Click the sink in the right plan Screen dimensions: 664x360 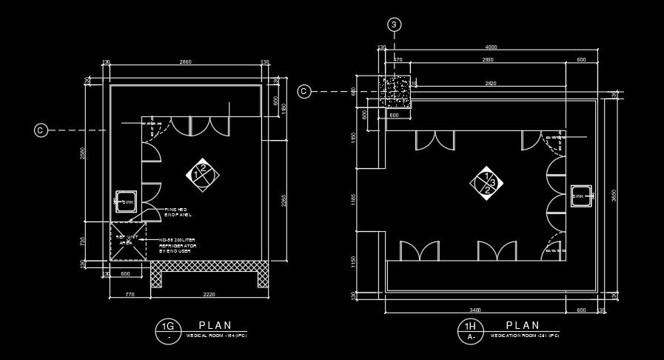tap(581, 196)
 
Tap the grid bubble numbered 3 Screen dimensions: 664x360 tap(395, 24)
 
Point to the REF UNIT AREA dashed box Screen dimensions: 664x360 tap(127, 241)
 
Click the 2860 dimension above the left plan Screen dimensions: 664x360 tap(186, 62)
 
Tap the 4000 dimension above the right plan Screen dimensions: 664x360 tap(491, 47)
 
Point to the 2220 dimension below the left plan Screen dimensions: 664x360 tap(209, 295)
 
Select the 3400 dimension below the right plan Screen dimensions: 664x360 tap(475, 310)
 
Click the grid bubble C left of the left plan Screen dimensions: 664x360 tap(41, 130)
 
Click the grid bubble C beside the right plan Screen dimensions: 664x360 tap(304, 91)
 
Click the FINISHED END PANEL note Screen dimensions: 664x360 tap(178, 212)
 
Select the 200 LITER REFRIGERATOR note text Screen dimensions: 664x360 tap(178, 245)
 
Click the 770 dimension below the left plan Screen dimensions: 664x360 tap(130, 295)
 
